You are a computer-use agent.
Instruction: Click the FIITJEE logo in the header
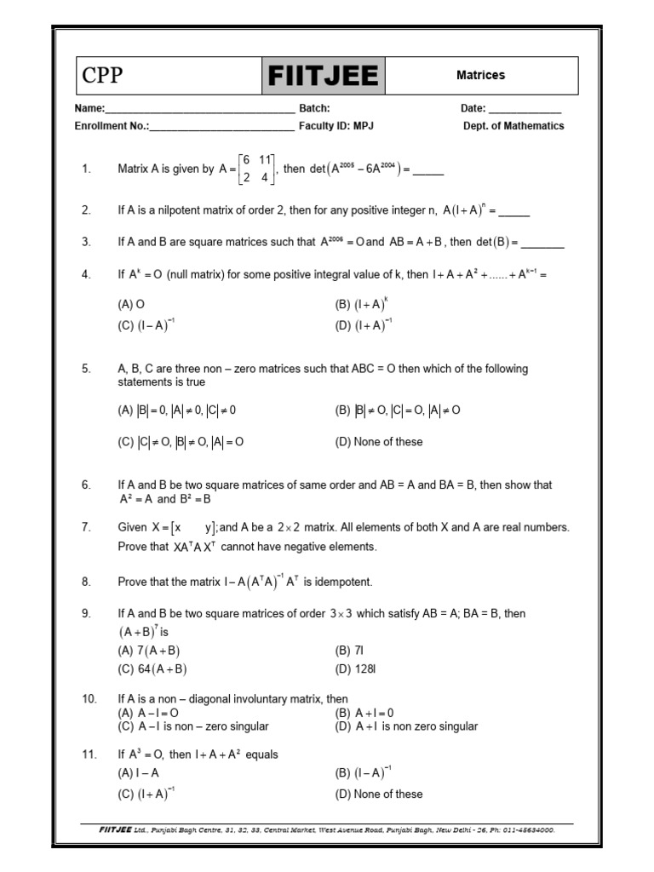click(323, 76)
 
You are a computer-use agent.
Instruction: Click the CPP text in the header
click(102, 76)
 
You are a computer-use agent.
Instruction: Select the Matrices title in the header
click(480, 75)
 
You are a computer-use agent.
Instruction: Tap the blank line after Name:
click(199, 110)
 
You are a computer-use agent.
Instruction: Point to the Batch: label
click(314, 108)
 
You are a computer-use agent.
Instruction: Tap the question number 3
click(86, 242)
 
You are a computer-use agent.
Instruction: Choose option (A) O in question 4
click(131, 303)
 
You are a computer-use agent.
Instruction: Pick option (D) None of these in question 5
click(379, 442)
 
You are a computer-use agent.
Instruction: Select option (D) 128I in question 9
click(356, 669)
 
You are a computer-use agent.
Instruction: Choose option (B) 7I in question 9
click(350, 651)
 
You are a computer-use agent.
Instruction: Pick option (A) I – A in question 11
click(139, 773)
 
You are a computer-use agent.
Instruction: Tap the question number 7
click(86, 527)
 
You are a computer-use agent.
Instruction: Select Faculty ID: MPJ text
click(336, 125)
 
